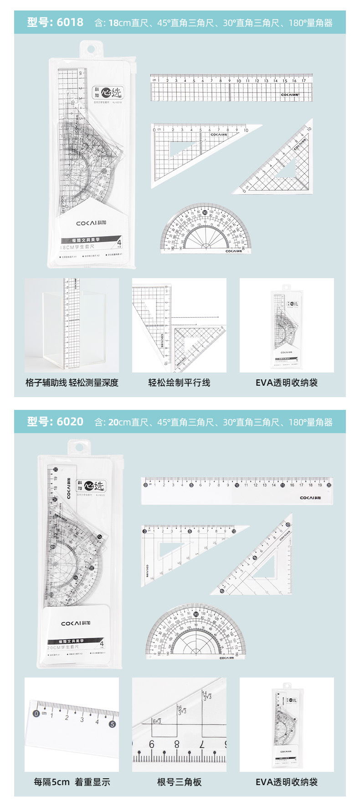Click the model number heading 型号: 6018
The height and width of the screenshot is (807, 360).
pos(55,22)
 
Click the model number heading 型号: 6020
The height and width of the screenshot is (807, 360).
pos(55,422)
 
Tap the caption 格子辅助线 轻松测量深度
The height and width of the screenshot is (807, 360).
pos(72,383)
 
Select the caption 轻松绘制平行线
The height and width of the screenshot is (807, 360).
pos(179,383)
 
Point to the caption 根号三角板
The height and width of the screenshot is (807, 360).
pos(179,782)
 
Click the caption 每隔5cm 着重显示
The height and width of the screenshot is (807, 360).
pos(72,782)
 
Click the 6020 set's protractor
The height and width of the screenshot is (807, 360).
pos(196,634)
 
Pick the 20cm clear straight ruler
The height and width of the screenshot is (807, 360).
pos(237,491)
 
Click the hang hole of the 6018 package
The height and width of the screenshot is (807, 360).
pos(90,49)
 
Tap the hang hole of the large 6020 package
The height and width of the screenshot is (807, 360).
pos(79,448)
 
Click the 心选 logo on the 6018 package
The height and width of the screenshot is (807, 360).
pos(112,93)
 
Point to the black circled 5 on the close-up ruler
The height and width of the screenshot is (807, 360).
pos(112,724)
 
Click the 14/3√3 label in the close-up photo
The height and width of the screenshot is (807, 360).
pos(207,696)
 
